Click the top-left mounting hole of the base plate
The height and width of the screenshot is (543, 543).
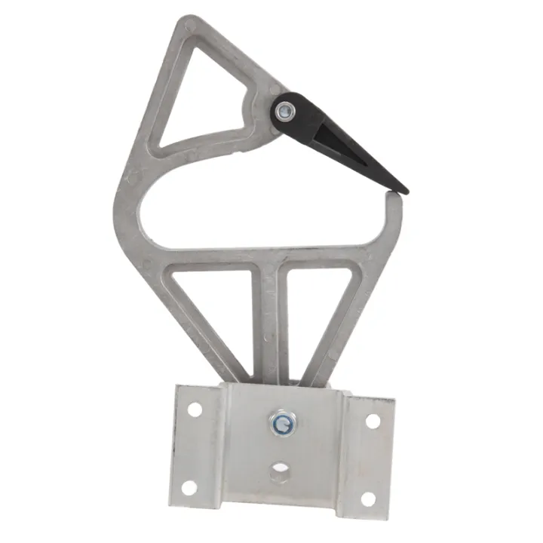pyautogui.click(x=195, y=410)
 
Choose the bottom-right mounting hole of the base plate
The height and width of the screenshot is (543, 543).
pyautogui.click(x=367, y=499)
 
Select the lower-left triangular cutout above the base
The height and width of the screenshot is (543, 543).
pyautogui.click(x=213, y=309)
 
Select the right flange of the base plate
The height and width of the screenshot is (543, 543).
pyautogui.click(x=368, y=460)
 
